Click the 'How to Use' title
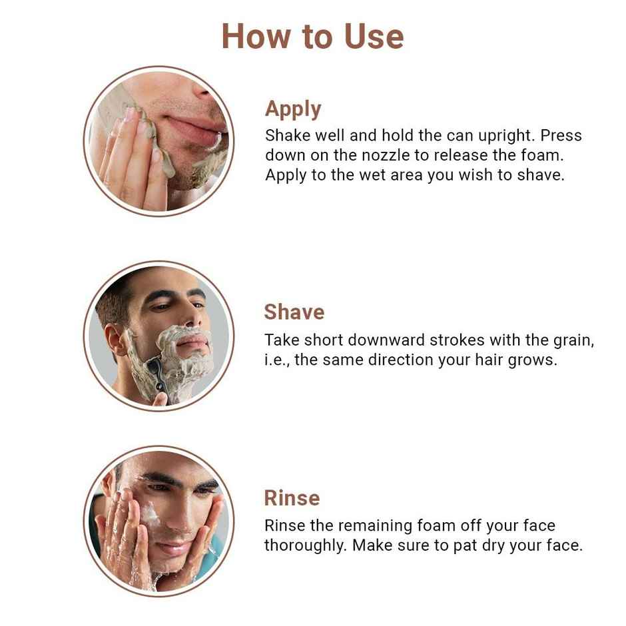(312, 36)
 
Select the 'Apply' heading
(293, 109)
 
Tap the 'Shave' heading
(294, 312)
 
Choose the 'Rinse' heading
(292, 497)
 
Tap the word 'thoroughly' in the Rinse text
(304, 545)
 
